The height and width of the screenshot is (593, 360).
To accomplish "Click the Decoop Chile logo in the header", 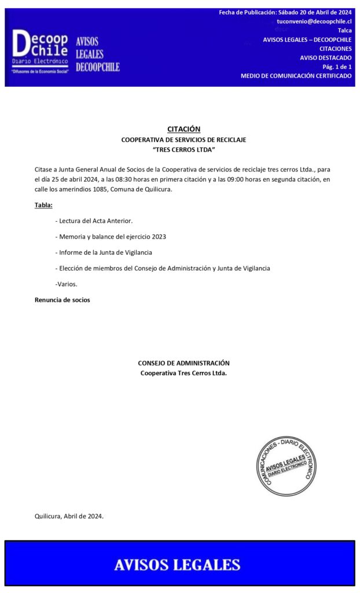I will click(40, 52).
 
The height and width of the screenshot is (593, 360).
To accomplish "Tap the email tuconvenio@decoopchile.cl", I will click(314, 21).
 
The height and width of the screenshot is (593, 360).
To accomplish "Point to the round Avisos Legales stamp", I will click(286, 466).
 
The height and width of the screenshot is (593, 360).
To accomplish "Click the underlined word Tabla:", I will click(43, 205).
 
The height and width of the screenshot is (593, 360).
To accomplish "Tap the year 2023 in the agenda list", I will click(159, 236).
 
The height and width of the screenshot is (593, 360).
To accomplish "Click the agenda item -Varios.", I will click(66, 284).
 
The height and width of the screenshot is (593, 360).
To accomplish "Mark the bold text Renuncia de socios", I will click(63, 300).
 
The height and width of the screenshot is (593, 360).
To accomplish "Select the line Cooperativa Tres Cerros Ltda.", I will click(183, 373).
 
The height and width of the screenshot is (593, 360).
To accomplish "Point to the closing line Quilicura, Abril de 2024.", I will click(69, 516).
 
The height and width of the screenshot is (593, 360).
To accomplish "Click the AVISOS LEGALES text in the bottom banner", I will click(177, 565).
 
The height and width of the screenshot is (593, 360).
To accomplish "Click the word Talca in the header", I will click(344, 31).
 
